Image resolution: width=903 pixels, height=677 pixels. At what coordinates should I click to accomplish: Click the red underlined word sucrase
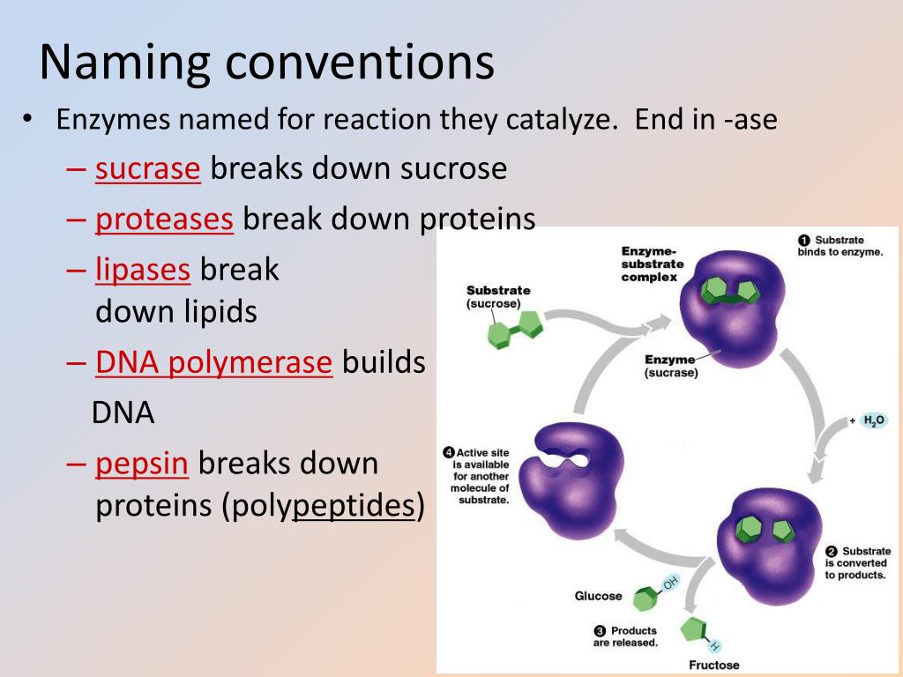148,168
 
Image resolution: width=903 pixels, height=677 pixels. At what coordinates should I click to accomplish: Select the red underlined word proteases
164,219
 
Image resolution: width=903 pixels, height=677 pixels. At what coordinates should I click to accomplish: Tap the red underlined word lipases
142,270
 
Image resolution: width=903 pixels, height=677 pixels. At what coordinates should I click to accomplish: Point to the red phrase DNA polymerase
213,362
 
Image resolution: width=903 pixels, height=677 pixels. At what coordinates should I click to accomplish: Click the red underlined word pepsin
142,464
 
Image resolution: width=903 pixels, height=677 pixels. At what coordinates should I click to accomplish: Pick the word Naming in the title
125,63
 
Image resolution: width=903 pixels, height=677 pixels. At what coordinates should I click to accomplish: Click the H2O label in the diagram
874,420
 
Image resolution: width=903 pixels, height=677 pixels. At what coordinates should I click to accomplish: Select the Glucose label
599,596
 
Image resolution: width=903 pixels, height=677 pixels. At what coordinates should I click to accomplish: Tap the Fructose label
714,665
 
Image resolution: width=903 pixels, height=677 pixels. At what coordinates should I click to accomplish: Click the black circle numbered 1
804,240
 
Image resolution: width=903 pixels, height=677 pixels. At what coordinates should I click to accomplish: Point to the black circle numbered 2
831,552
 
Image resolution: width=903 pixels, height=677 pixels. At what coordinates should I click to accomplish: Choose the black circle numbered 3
600,631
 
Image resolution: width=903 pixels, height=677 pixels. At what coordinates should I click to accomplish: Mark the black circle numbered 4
449,452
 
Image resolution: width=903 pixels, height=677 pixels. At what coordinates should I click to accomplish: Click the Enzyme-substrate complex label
653,264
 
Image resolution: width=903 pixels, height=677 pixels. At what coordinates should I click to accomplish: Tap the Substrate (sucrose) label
498,297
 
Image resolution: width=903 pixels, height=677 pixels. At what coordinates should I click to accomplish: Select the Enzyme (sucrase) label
671,366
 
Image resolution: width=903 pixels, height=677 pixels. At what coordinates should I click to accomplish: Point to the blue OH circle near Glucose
670,584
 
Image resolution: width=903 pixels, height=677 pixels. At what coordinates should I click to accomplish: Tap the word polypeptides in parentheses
354,506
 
